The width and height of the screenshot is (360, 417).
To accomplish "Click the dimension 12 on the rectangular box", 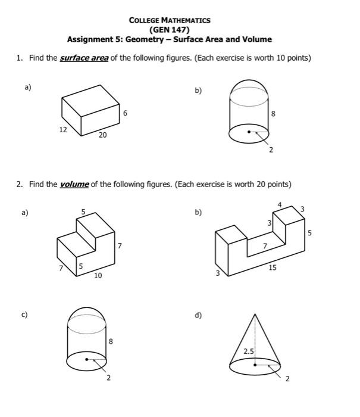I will click(62, 129).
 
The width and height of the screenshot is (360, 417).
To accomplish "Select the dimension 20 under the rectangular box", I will click(102, 135).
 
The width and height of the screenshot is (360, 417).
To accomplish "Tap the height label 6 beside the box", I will click(125, 113).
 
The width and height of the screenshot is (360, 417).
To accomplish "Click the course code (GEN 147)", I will click(170, 29).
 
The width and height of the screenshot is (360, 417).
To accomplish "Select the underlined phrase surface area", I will click(84, 58).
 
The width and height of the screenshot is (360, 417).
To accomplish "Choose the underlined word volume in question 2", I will click(74, 185).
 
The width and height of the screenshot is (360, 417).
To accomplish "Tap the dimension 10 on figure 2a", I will click(98, 276).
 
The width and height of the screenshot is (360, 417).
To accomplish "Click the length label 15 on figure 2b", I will click(272, 268).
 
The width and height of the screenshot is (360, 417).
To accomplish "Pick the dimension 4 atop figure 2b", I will click(278, 205).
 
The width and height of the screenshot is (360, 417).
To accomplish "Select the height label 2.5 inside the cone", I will click(248, 352).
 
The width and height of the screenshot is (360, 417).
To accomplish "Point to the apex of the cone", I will click(255, 314).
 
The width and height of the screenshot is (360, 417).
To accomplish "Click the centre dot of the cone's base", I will click(255, 365).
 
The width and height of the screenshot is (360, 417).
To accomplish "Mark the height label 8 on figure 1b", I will click(273, 113).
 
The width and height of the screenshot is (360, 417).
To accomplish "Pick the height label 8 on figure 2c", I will click(110, 341).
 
